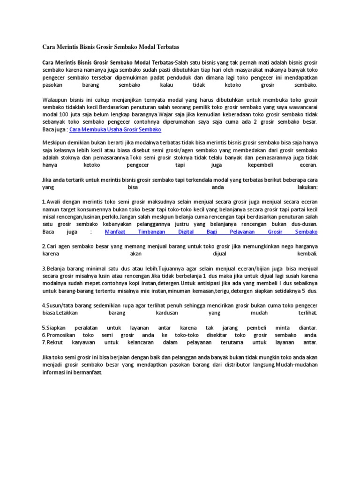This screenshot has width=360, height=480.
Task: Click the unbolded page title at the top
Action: [111, 47]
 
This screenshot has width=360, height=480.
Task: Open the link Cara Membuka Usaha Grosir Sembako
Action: [115, 129]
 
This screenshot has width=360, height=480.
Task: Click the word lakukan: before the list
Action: [307, 187]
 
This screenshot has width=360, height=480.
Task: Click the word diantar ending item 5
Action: [306, 327]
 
